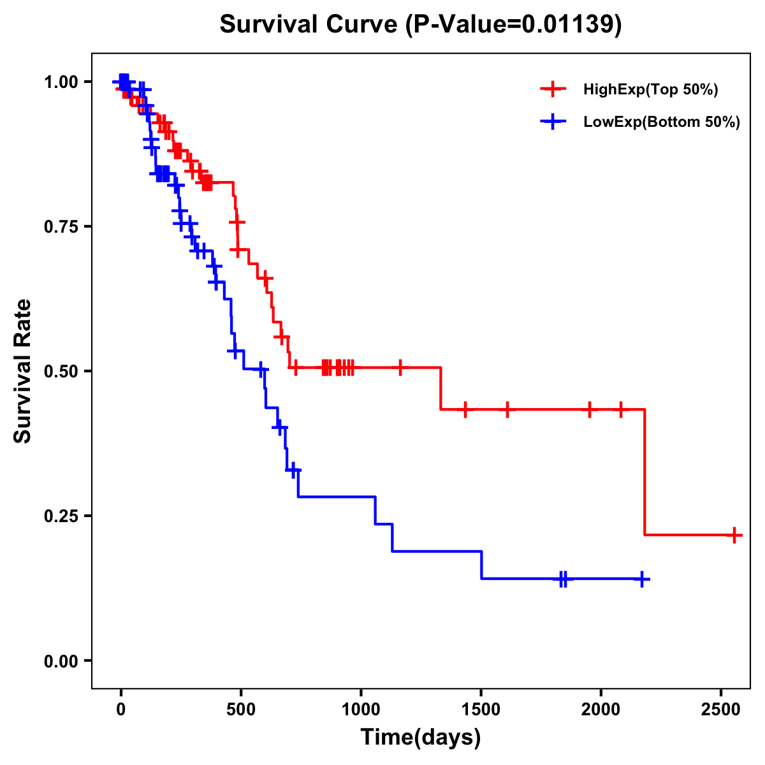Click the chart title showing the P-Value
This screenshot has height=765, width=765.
[x=420, y=24]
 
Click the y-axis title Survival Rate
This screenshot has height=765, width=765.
[x=23, y=370]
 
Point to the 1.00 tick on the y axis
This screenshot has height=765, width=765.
[x=61, y=82]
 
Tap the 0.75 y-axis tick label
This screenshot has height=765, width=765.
[x=61, y=226]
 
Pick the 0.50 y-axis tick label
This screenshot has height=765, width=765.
[x=61, y=371]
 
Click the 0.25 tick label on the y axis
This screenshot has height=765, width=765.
[x=61, y=516]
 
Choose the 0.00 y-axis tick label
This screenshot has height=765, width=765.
[x=61, y=660]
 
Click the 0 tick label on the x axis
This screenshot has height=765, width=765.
[x=120, y=708]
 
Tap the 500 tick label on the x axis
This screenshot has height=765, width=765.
[x=241, y=708]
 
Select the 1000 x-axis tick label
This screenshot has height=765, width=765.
[x=361, y=708]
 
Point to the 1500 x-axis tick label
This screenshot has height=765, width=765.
[x=481, y=708]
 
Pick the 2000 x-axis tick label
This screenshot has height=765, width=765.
[x=601, y=708]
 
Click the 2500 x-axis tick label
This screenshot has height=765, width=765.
[x=721, y=708]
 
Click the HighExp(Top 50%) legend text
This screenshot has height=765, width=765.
[x=650, y=90]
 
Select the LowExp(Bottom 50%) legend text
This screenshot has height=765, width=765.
[x=662, y=122]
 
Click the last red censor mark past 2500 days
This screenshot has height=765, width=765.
[x=734, y=535]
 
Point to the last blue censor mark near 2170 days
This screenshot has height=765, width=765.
[x=642, y=579]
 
